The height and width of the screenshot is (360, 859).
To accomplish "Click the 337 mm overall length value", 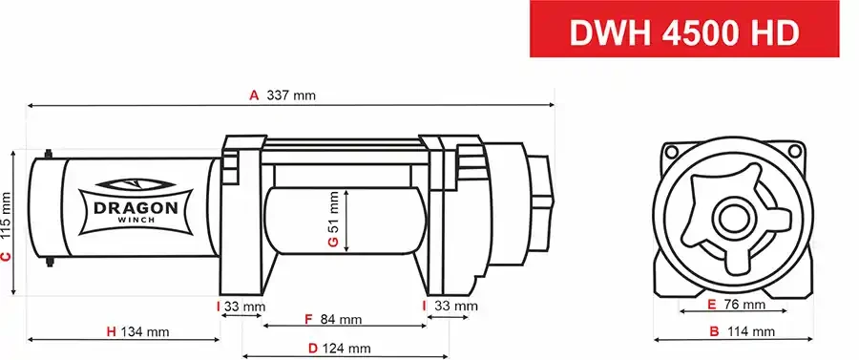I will point(291,95).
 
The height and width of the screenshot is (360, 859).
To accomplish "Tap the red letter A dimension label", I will point(254,95).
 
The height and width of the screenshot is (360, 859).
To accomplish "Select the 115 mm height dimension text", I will point(7,216).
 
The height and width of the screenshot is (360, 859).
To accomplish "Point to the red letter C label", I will point(7,256).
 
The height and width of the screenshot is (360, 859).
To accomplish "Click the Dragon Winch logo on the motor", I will point(135,201).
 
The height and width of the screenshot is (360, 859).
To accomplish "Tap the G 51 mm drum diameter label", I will point(333,220).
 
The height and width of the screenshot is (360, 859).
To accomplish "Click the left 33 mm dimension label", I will point(241,307).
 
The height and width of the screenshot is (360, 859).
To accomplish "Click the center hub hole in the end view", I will point(733,217).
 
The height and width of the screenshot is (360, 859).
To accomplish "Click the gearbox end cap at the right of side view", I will point(540,205).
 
